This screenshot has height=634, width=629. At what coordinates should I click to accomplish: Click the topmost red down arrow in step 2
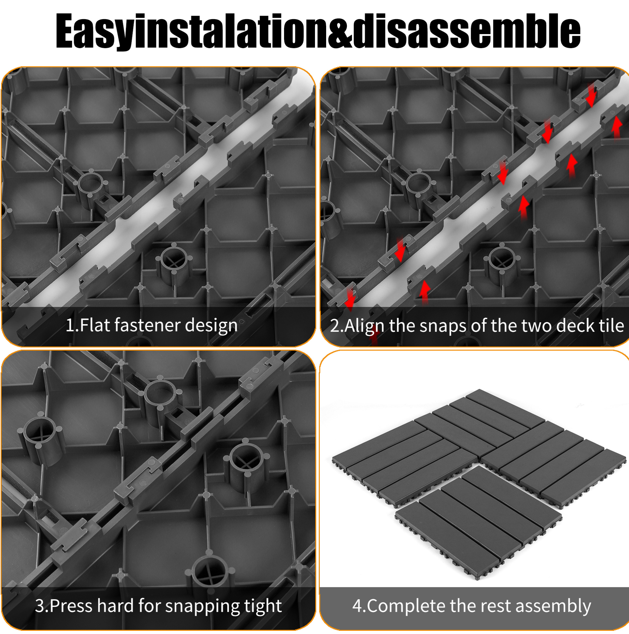(x=591, y=95)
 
